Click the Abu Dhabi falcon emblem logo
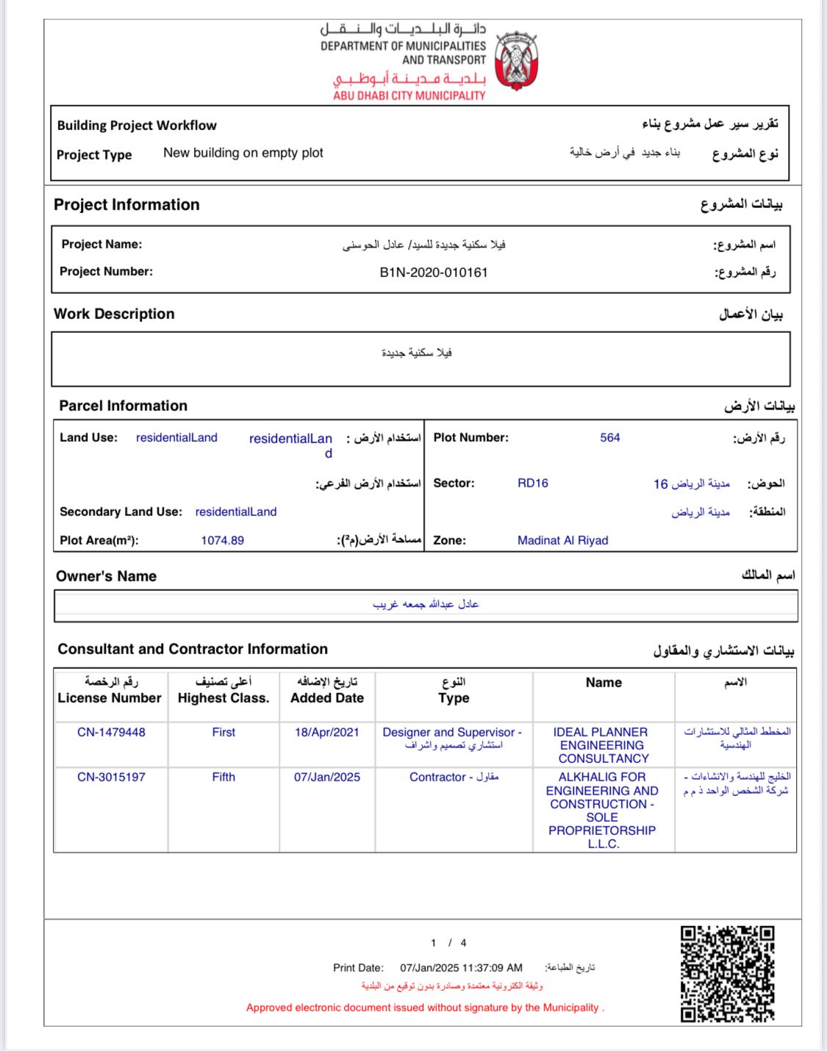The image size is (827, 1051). [516, 60]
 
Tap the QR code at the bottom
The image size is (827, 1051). [727, 974]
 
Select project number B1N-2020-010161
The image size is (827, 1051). [434, 273]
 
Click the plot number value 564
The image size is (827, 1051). [609, 438]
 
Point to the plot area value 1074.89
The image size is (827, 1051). [222, 541]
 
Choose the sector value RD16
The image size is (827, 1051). [532, 484]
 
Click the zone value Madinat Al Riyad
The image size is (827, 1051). [562, 541]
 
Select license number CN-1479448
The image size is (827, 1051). [111, 733]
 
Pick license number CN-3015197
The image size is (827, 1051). [111, 778]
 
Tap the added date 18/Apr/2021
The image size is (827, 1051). [326, 733]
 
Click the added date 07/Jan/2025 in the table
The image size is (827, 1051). [326, 778]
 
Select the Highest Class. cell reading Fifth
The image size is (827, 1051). [223, 778]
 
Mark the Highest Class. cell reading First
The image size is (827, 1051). [223, 733]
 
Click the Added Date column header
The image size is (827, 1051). [326, 698]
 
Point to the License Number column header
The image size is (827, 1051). [110, 698]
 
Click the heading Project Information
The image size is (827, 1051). [126, 205]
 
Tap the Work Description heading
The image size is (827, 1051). [114, 315]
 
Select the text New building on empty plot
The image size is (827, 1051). [243, 153]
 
